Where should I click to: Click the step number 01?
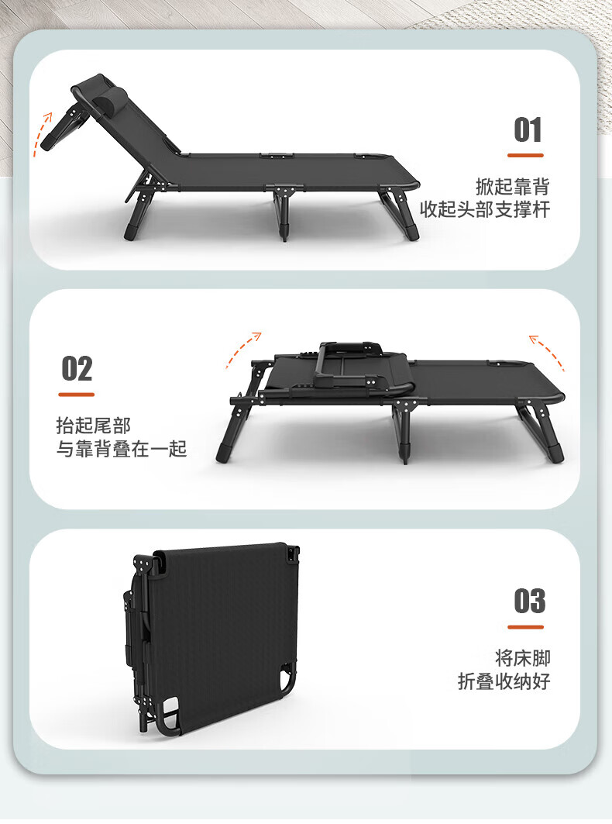coord(528,130)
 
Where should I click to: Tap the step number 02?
coord(77,369)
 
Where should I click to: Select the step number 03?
coord(530,602)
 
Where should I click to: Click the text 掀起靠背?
coord(512,187)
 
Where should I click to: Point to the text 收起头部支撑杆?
coord(485,209)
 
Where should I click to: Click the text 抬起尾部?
coord(93,425)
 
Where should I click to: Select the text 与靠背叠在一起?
coord(122,449)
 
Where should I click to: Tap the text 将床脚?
coord(522,658)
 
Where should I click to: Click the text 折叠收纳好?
coord(504,681)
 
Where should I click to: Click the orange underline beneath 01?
coord(525,156)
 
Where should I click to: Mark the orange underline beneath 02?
coord(77,394)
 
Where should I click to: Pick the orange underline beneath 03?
coord(525,627)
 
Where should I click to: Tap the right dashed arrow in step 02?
coord(548,350)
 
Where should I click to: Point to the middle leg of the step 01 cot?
coord(282,213)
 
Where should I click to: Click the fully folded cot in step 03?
coord(213,638)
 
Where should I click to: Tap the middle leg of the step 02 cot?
coord(404,432)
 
